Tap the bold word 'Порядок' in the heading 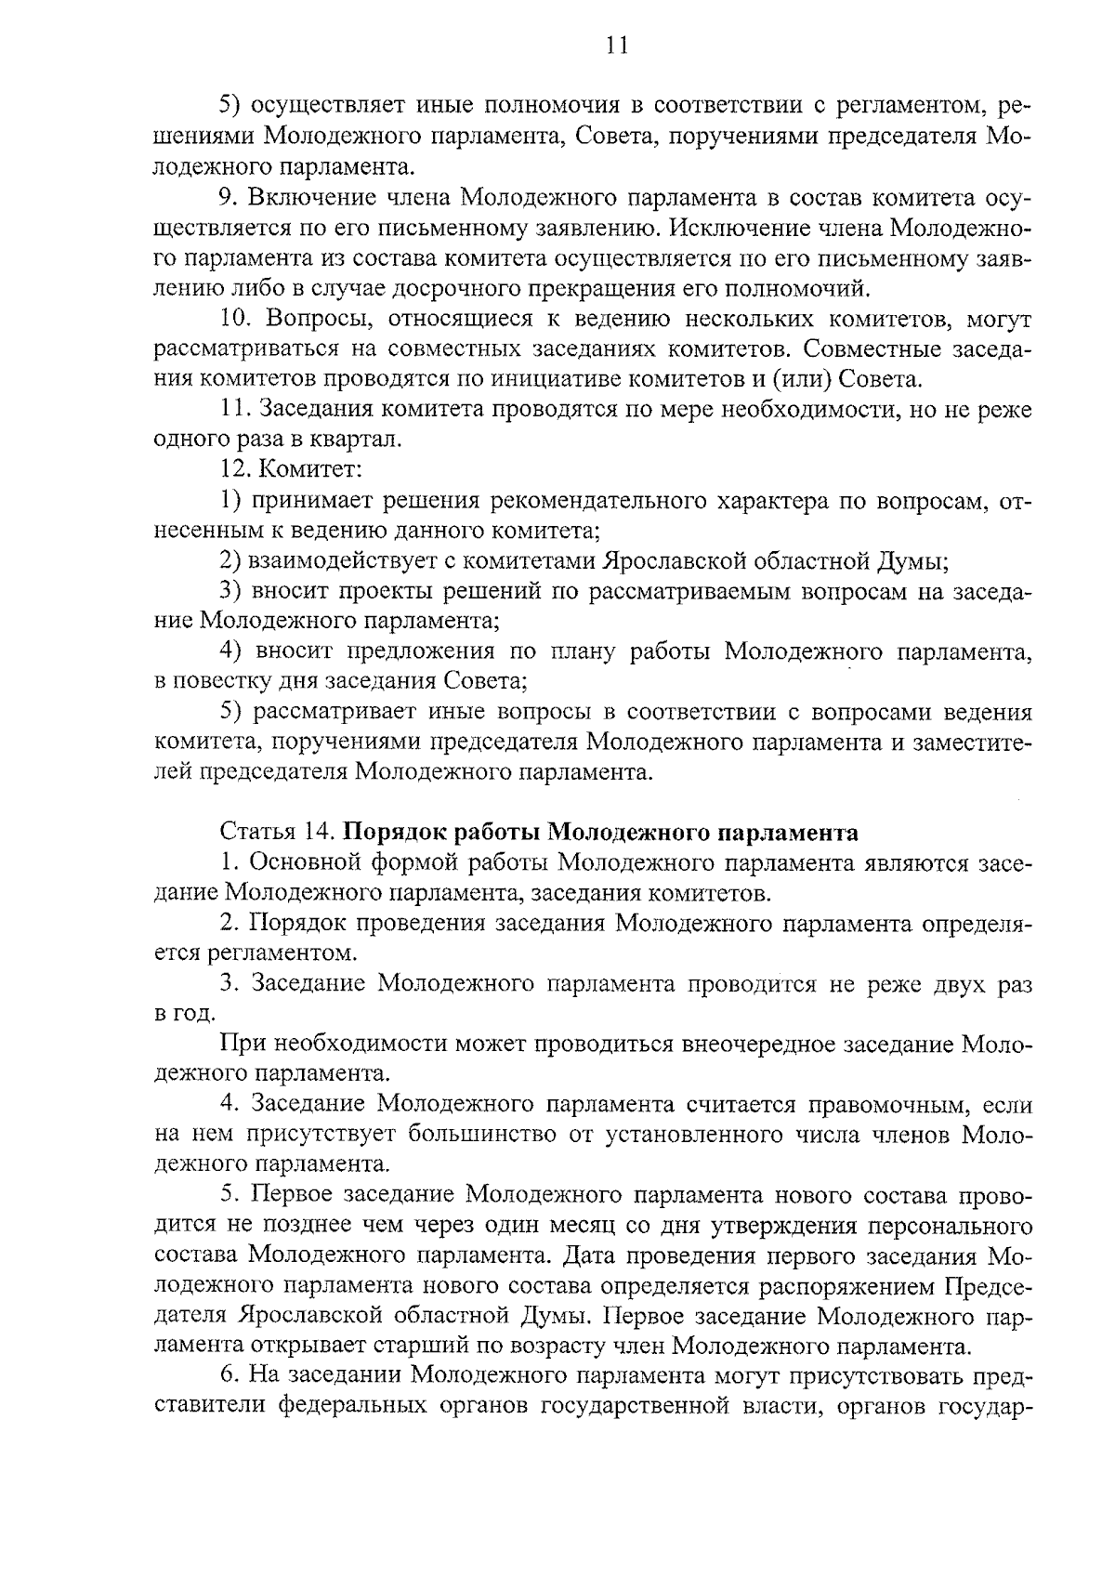click(401, 831)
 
